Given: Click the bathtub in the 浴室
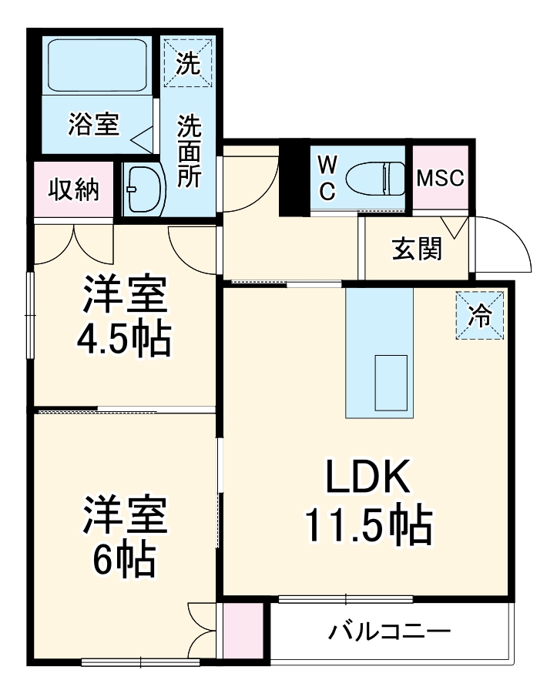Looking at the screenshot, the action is (x=97, y=65).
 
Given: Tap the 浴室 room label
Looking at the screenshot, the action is (x=94, y=125).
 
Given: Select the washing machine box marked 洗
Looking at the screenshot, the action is (x=188, y=63).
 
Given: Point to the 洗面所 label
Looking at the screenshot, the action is (x=190, y=151).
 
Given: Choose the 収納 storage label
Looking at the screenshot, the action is (x=74, y=189).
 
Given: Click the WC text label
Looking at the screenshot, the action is (x=327, y=178).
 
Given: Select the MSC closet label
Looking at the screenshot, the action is (x=440, y=178).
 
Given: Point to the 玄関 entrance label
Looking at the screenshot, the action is (x=418, y=249).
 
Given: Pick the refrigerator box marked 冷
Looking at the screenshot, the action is (x=480, y=315).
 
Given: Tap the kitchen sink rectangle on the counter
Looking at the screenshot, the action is (x=391, y=383).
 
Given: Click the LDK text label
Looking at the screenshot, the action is (x=368, y=477).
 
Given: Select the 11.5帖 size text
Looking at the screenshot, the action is (x=368, y=525).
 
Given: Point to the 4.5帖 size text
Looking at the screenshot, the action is (x=124, y=339).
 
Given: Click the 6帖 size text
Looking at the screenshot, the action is (x=124, y=559).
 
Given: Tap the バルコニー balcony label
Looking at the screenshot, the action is (x=390, y=631).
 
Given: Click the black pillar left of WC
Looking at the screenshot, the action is (x=294, y=178).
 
